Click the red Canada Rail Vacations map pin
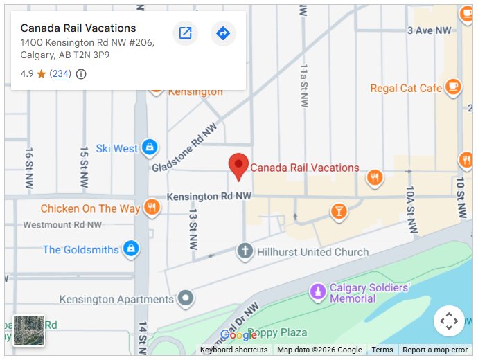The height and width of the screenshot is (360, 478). tap(238, 165)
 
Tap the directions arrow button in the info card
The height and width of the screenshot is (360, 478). tap(223, 33)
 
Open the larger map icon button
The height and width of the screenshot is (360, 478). tap(185, 33)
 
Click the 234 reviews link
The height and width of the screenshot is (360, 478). tap(61, 74)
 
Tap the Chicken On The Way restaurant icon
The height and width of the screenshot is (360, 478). tap(152, 208)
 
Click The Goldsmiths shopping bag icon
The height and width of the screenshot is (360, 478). tap(130, 249)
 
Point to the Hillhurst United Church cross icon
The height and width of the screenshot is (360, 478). tap(245, 251)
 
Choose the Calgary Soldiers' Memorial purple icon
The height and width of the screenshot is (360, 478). tap(318, 292)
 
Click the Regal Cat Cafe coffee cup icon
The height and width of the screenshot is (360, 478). tap(453, 87)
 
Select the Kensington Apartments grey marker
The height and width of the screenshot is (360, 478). tap(185, 299)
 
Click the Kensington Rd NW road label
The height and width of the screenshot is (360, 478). tap(209, 197)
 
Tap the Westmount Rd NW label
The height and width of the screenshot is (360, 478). tap(62, 225)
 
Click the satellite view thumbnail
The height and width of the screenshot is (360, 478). tap(28, 330)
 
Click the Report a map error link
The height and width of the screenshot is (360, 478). tap(435, 350)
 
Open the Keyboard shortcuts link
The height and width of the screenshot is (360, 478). tap(233, 350)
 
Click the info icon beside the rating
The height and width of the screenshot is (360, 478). tap(81, 74)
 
